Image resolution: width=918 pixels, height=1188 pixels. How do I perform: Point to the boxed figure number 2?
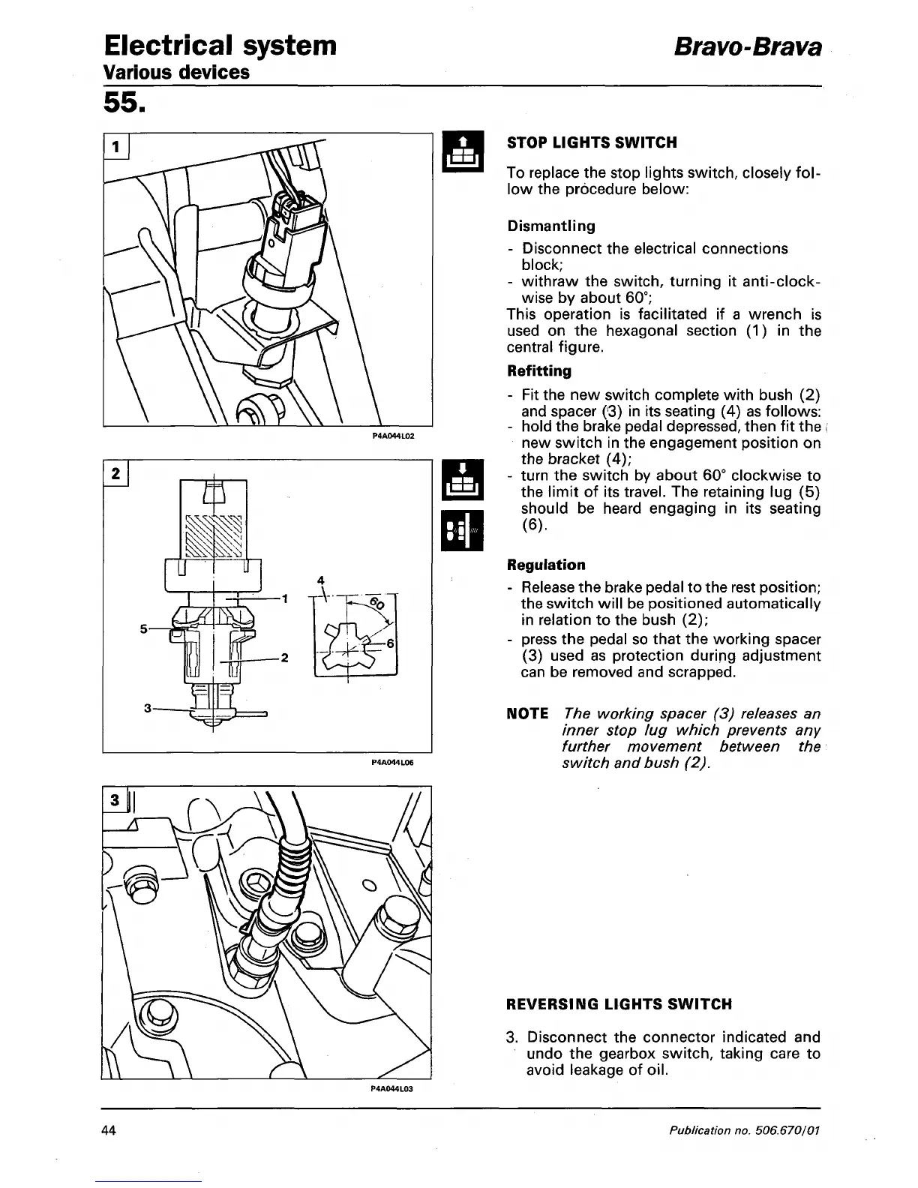tap(116, 474)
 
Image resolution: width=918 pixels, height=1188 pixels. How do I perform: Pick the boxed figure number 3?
tap(115, 799)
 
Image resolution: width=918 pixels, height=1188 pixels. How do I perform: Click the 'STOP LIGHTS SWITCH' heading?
tap(592, 142)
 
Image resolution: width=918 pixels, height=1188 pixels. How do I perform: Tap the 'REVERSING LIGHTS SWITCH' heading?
tap(619, 1004)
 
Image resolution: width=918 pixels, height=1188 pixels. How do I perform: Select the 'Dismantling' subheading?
tap(551, 226)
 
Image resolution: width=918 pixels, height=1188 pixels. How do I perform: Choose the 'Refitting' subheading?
tap(539, 371)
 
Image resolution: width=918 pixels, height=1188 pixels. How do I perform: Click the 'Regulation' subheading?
tap(546, 565)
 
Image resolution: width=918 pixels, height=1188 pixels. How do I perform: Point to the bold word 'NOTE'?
tap(527, 713)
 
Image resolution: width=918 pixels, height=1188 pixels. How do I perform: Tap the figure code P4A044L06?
tap(392, 761)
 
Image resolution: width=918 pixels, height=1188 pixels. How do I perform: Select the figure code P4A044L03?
tap(392, 1088)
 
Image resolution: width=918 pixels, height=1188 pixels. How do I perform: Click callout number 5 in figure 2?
tap(143, 628)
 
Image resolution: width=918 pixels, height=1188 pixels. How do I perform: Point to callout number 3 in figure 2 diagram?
tap(148, 707)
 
